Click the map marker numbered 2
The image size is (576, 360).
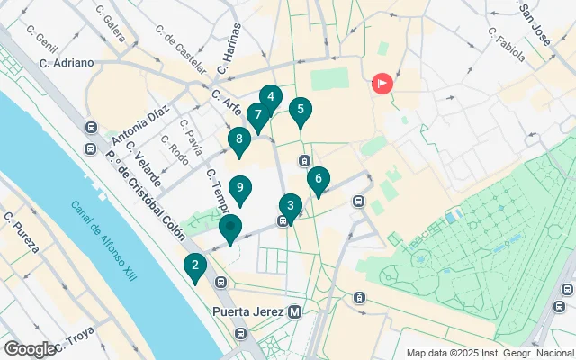(194, 265)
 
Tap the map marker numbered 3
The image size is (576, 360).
(290, 205)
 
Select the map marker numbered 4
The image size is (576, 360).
(271, 97)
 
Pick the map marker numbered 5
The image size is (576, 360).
(301, 111)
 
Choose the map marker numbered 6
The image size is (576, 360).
(319, 179)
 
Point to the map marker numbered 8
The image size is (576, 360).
(238, 139)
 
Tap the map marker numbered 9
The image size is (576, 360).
(239, 189)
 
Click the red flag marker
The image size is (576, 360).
(382, 85)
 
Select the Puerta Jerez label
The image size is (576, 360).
(248, 312)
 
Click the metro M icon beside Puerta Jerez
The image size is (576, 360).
(294, 312)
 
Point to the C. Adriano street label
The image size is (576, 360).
(67, 63)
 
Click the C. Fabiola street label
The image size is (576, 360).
(506, 45)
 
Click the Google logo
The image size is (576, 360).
(31, 349)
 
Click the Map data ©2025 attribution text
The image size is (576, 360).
(490, 353)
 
